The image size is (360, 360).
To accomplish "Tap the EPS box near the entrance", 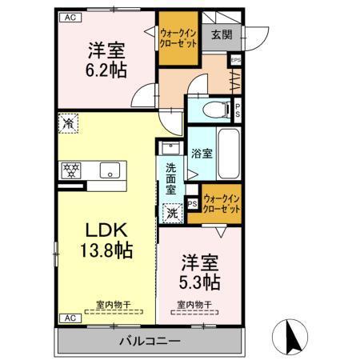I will click(x=235, y=58).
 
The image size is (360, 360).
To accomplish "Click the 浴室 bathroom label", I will click(x=202, y=154).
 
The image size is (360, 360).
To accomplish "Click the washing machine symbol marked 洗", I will click(x=172, y=214).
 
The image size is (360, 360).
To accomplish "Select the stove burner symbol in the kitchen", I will click(x=70, y=169).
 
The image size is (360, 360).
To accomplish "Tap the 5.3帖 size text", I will click(x=198, y=282).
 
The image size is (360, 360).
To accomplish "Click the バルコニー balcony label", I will click(x=151, y=342).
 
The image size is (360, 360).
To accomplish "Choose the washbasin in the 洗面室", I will click(x=170, y=148).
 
